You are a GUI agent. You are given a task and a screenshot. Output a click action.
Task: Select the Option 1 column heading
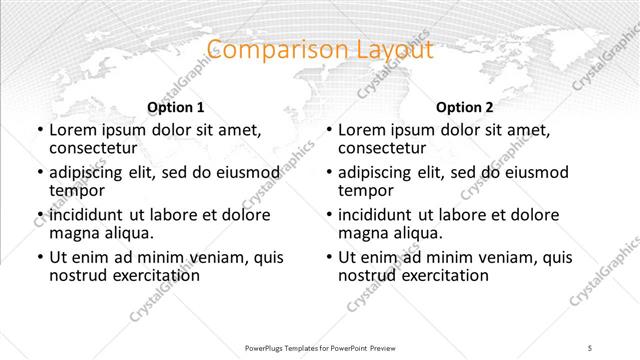click(175, 107)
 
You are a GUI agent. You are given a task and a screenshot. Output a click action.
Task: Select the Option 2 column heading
click(465, 107)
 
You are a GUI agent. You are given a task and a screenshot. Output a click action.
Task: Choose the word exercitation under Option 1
click(151, 275)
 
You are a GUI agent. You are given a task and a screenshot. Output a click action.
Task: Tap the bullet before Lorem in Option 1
click(38, 130)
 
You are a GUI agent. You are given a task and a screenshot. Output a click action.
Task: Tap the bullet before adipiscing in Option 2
click(328, 172)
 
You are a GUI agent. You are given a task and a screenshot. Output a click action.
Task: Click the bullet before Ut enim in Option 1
click(38, 257)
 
